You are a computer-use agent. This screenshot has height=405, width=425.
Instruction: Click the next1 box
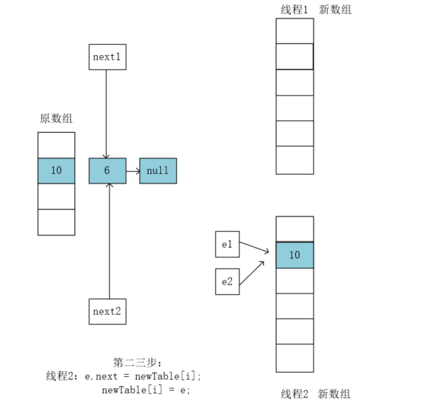pyautogui.click(x=107, y=57)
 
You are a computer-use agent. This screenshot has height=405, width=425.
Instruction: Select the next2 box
pyautogui.click(x=107, y=311)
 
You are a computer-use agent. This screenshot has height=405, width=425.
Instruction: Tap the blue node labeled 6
pyautogui.click(x=107, y=171)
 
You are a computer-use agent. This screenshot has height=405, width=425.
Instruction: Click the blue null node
pyautogui.click(x=157, y=171)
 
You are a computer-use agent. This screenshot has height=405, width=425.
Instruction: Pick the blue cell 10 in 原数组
pyautogui.click(x=56, y=171)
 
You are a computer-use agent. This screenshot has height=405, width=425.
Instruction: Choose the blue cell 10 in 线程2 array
pyautogui.click(x=294, y=255)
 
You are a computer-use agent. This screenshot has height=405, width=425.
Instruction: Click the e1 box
pyautogui.click(x=227, y=244)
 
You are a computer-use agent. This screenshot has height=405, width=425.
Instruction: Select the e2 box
pyautogui.click(x=227, y=281)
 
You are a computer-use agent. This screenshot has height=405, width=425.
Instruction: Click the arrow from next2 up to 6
pyautogui.click(x=109, y=241)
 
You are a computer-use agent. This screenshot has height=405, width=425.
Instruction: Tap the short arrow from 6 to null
pyautogui.click(x=133, y=171)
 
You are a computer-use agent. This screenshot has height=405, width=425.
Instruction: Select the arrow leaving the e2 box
pyautogui.click(x=254, y=272)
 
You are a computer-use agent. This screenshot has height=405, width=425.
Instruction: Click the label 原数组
pyautogui.click(x=56, y=118)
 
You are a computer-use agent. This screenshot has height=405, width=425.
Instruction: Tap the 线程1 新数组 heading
pyautogui.click(x=316, y=9)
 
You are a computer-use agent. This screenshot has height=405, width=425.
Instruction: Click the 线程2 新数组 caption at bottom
pyautogui.click(x=316, y=394)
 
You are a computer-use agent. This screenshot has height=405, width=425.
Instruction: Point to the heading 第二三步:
pyautogui.click(x=138, y=362)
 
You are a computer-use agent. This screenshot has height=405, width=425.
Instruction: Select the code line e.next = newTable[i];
pyautogui.click(x=143, y=376)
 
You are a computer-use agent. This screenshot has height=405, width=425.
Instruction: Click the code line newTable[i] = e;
pyautogui.click(x=146, y=390)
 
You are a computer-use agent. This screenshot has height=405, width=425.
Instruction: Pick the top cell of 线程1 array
pyautogui.click(x=294, y=31)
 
